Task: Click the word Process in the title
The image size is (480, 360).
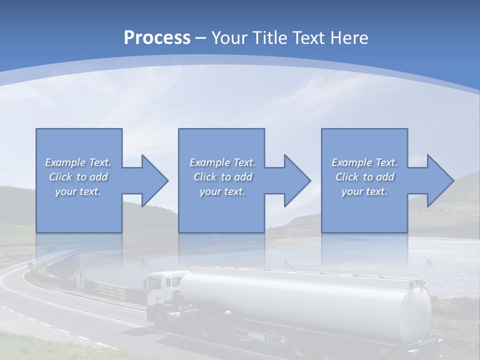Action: pos(157,38)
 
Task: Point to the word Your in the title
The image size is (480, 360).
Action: pos(228,38)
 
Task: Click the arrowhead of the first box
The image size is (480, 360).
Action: pos(152,180)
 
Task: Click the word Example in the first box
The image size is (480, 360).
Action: pos(65,162)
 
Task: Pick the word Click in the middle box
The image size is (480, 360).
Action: pos(204,177)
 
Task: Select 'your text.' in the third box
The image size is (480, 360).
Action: pos(364,191)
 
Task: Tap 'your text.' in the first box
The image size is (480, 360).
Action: pos(77,191)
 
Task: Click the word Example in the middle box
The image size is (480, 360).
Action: pos(210,162)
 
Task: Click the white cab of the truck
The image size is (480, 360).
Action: pos(160,290)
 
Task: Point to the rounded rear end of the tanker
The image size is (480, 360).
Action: pos(415,315)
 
